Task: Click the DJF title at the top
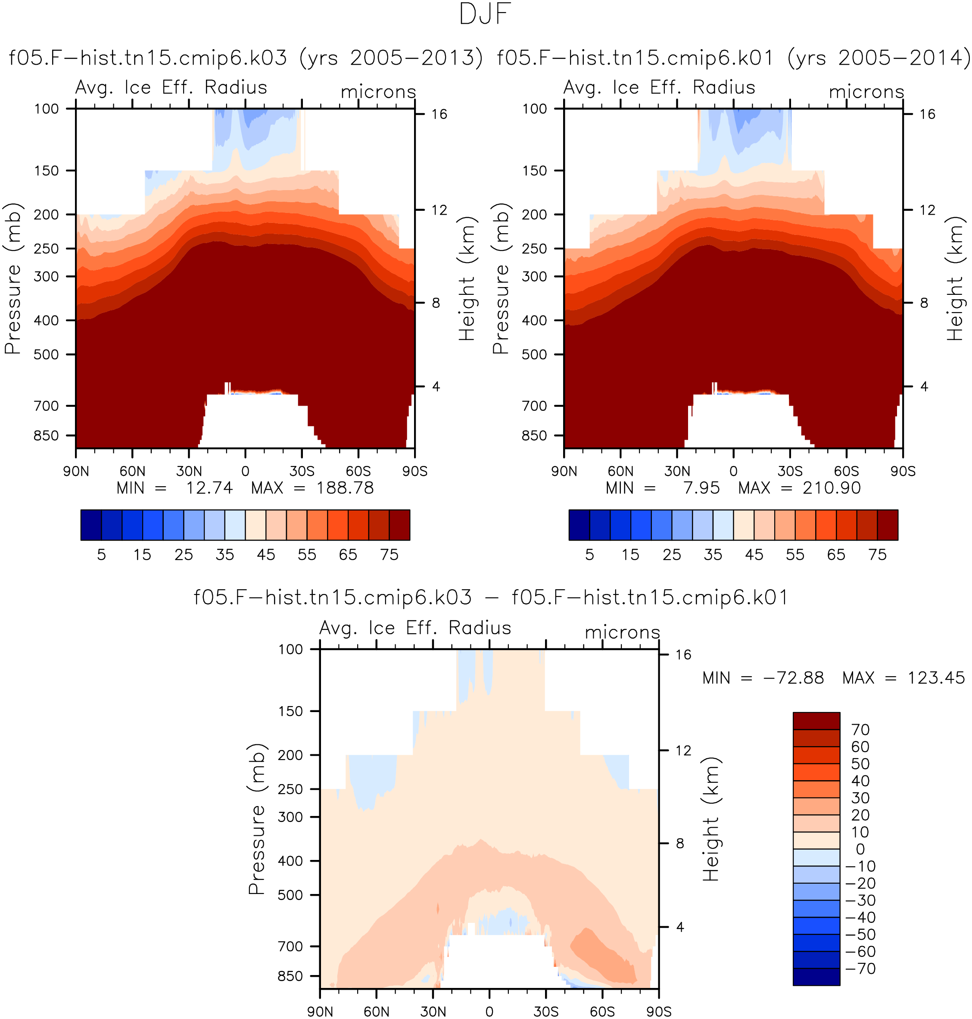[x=485, y=14]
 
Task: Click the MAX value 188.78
[x=345, y=488]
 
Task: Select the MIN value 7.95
[x=701, y=488]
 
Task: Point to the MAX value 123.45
[x=936, y=678]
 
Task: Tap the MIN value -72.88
[x=793, y=678]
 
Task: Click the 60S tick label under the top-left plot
[x=358, y=472]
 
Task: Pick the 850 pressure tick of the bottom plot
[x=290, y=976]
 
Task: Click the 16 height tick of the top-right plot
[x=928, y=114]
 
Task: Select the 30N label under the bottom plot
[x=433, y=1012]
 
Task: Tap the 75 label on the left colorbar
[x=389, y=555]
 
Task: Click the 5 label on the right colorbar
[x=590, y=555]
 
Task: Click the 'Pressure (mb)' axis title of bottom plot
[x=257, y=819]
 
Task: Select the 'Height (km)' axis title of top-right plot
[x=954, y=279]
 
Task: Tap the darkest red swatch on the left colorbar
[x=399, y=525]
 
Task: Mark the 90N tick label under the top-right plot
[x=564, y=472]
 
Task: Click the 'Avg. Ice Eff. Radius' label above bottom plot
[x=415, y=628]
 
